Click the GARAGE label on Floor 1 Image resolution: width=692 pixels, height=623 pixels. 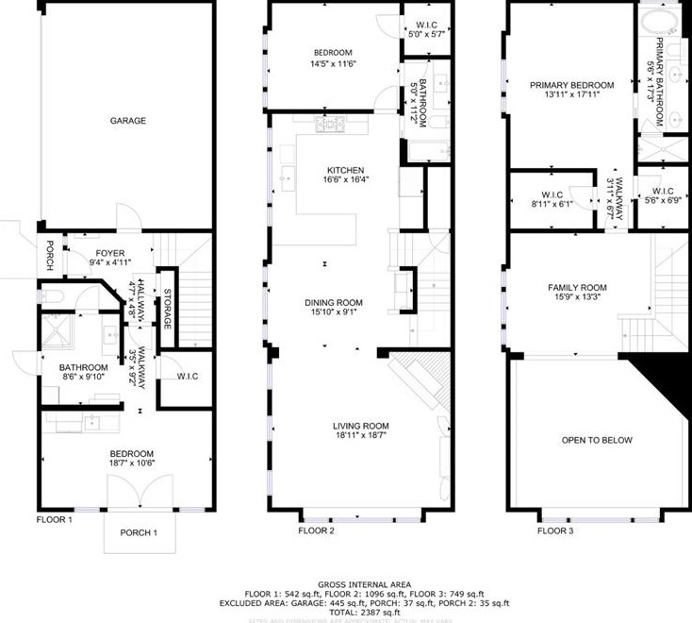pyautogui.click(x=127, y=120)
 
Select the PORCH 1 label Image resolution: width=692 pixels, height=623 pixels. pyautogui.click(x=139, y=532)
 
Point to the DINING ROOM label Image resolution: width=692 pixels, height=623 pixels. pyautogui.click(x=333, y=303)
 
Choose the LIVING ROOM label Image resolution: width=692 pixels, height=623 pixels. pyautogui.click(x=360, y=425)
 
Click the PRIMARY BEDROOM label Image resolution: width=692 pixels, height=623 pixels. pyautogui.click(x=566, y=83)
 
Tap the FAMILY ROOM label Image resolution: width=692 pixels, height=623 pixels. pyautogui.click(x=577, y=288)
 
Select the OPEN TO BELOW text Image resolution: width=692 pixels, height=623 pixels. pyautogui.click(x=597, y=440)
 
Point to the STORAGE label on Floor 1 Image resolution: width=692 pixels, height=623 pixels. pyautogui.click(x=167, y=310)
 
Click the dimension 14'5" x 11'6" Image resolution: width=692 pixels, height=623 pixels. pyautogui.click(x=333, y=63)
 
